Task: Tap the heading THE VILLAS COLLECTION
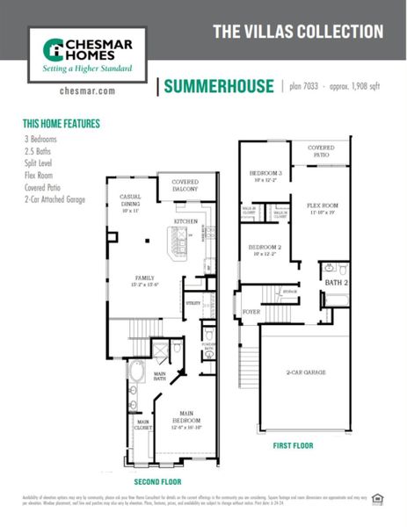[x=298, y=32]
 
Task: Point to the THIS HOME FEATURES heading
[x=62, y=125]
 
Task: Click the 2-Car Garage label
[x=306, y=372]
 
